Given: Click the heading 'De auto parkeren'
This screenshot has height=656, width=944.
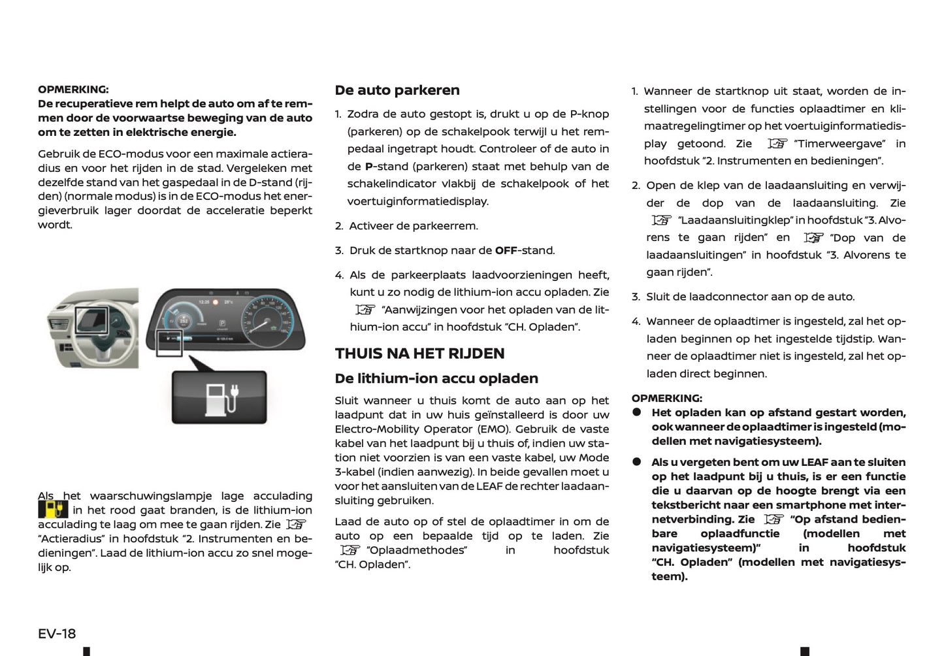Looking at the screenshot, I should pos(397,90).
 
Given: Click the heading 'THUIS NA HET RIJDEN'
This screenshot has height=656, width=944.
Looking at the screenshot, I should pos(419,353).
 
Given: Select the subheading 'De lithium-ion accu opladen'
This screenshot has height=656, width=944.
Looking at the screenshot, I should pos(436,378).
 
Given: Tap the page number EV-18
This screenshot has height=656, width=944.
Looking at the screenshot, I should pos(57,633).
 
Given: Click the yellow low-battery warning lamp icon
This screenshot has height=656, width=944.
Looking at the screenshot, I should pos(53,510).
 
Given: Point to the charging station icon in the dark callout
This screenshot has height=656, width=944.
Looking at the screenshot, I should pos(220,398).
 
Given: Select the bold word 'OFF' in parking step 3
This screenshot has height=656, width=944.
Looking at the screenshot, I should pos(506,250).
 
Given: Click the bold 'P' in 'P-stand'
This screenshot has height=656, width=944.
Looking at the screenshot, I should pos(368,167).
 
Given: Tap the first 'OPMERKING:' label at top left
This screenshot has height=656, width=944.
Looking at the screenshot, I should pos(73,90).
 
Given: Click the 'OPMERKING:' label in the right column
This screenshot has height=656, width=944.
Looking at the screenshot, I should pos(666,398).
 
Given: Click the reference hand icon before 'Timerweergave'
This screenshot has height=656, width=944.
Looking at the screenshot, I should pos(777,144).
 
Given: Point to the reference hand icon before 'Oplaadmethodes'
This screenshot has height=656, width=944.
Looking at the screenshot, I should pos(350,550).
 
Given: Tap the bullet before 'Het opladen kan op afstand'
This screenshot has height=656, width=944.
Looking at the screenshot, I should pos(636,412).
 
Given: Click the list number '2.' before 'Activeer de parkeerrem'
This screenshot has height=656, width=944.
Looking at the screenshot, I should pos(339,226).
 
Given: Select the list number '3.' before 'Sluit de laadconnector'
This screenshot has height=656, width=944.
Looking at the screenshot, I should pos(636,297).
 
